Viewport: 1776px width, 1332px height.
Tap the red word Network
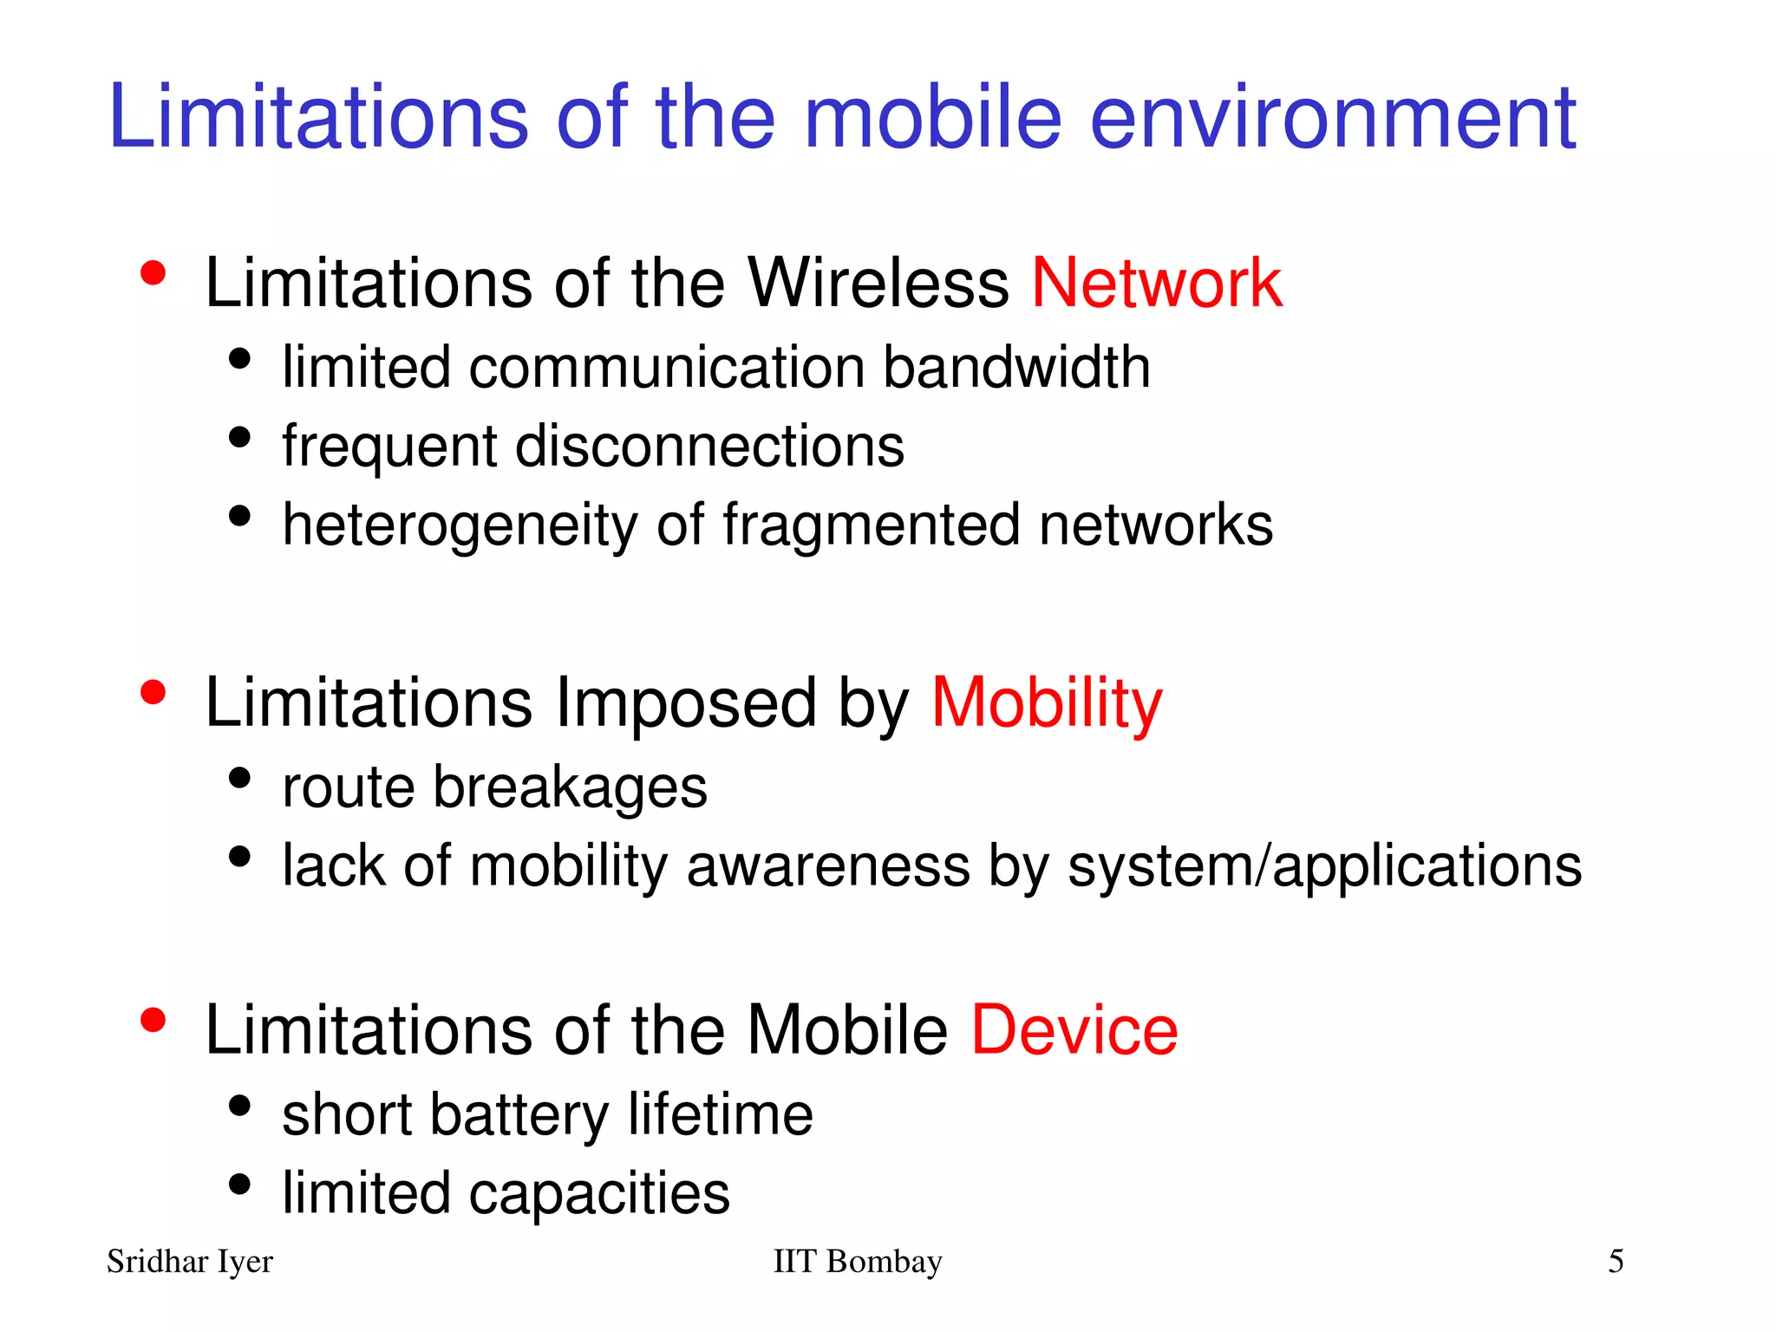(1156, 283)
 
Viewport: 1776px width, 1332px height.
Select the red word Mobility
(1046, 702)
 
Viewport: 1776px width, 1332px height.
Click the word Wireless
(878, 283)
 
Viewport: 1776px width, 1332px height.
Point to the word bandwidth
(1016, 367)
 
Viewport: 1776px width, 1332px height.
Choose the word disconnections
(709, 446)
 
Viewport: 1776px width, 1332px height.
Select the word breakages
(570, 787)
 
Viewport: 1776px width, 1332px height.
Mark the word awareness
(828, 865)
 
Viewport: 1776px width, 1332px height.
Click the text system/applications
(1324, 865)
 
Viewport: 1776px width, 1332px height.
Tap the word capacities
(599, 1193)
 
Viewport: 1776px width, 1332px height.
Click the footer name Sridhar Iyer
(190, 1262)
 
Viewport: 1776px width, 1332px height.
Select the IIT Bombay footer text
(857, 1262)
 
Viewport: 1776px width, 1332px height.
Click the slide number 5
(1616, 1261)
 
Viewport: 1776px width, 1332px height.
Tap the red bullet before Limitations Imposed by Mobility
(153, 693)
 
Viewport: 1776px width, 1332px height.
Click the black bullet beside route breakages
(239, 778)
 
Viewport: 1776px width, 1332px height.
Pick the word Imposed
(685, 702)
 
